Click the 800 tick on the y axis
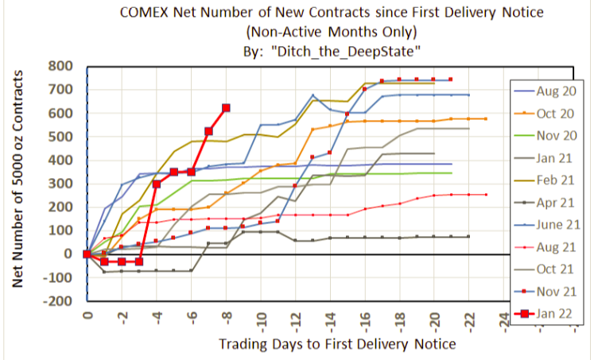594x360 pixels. [x=62, y=66]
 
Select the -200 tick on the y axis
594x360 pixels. [x=60, y=301]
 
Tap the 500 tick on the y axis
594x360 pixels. [x=62, y=137]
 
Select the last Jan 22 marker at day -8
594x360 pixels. [x=226, y=107]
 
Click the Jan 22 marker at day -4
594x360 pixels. [x=157, y=184]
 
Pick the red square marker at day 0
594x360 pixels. [x=87, y=254]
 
